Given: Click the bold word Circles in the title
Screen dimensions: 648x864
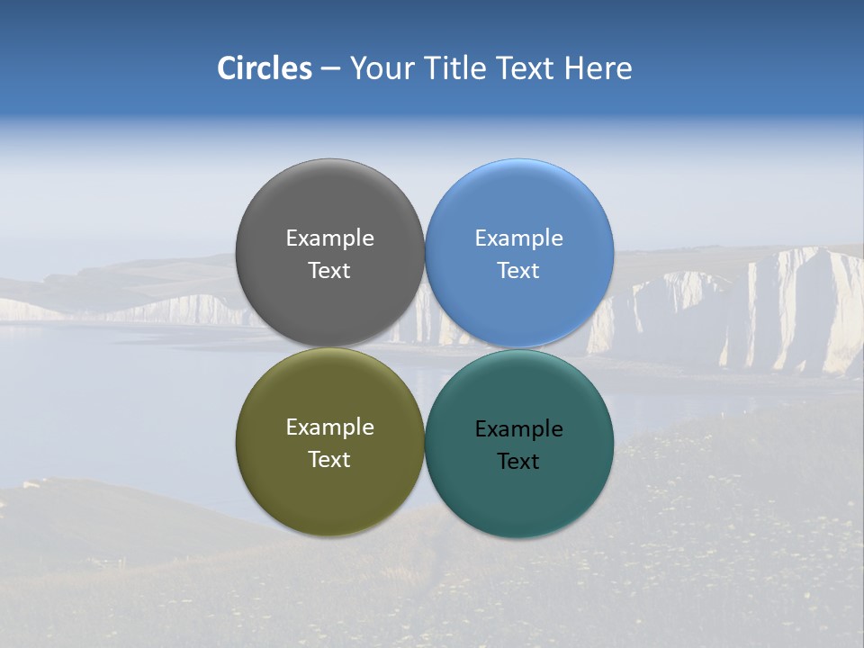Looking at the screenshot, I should click(265, 68).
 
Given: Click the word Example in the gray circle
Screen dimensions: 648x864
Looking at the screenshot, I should click(329, 238).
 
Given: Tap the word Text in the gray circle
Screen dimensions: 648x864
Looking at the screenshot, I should click(329, 271).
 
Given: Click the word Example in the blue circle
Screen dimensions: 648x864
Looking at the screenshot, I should click(518, 238).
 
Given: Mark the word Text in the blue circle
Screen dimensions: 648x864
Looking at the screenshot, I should click(518, 271).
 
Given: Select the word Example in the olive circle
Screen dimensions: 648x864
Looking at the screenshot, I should click(329, 427).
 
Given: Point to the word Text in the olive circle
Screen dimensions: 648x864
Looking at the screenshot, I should click(329, 460).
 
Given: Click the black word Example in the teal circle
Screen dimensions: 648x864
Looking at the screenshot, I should click(518, 429).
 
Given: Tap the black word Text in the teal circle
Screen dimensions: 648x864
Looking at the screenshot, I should click(518, 462).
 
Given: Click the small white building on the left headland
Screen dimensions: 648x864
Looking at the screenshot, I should click(31, 485).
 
